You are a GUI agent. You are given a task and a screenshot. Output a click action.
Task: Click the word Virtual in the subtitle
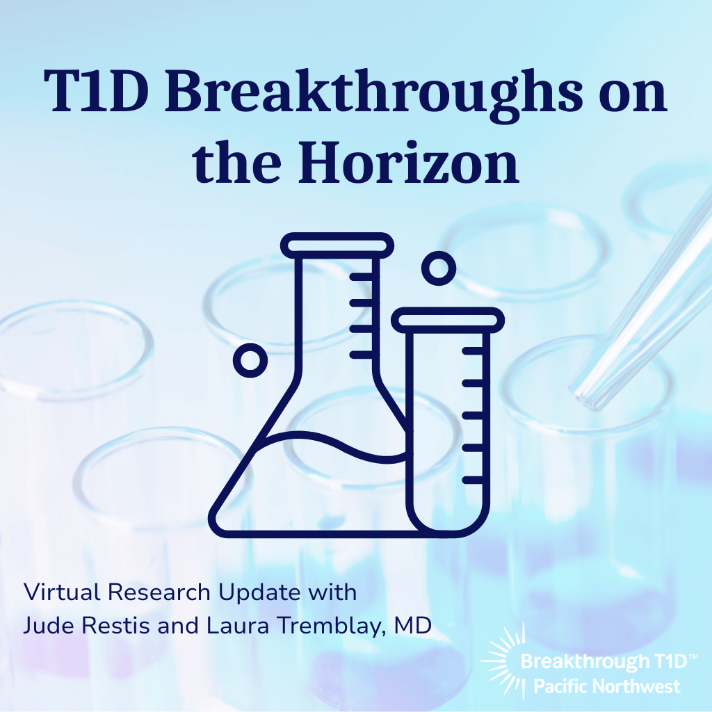click(x=54, y=592)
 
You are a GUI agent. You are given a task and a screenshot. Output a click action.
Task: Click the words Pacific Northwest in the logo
click(x=606, y=686)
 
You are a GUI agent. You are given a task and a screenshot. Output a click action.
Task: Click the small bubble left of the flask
click(x=250, y=359)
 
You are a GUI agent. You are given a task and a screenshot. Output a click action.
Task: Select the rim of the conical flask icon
click(x=337, y=245)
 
